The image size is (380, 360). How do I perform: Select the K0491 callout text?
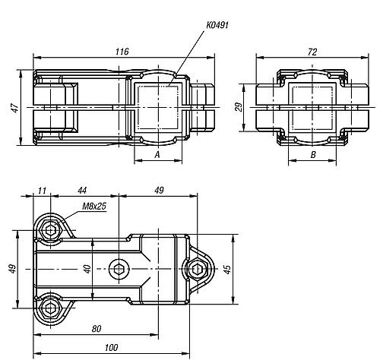[217, 25]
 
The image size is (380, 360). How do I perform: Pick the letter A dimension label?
[157, 155]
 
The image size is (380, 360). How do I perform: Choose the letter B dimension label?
[313, 155]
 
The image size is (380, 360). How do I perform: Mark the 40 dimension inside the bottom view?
[87, 268]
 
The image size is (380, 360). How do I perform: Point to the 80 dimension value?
[95, 329]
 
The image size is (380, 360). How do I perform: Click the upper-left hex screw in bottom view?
[51, 230]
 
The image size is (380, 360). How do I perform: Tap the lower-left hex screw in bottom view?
[51, 307]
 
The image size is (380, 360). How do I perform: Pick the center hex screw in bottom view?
[119, 268]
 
